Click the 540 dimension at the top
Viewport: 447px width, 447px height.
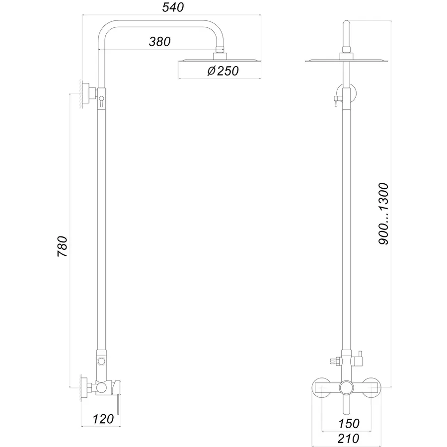[173, 8]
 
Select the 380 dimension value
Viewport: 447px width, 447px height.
[159, 42]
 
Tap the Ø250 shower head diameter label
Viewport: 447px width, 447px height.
[223, 71]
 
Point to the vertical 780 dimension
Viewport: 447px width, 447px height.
[63, 246]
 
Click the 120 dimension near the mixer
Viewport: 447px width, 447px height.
[103, 419]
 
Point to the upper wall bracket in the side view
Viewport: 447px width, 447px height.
[87, 93]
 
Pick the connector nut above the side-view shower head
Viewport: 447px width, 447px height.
[221, 52]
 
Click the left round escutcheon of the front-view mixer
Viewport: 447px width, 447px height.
[322, 387]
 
